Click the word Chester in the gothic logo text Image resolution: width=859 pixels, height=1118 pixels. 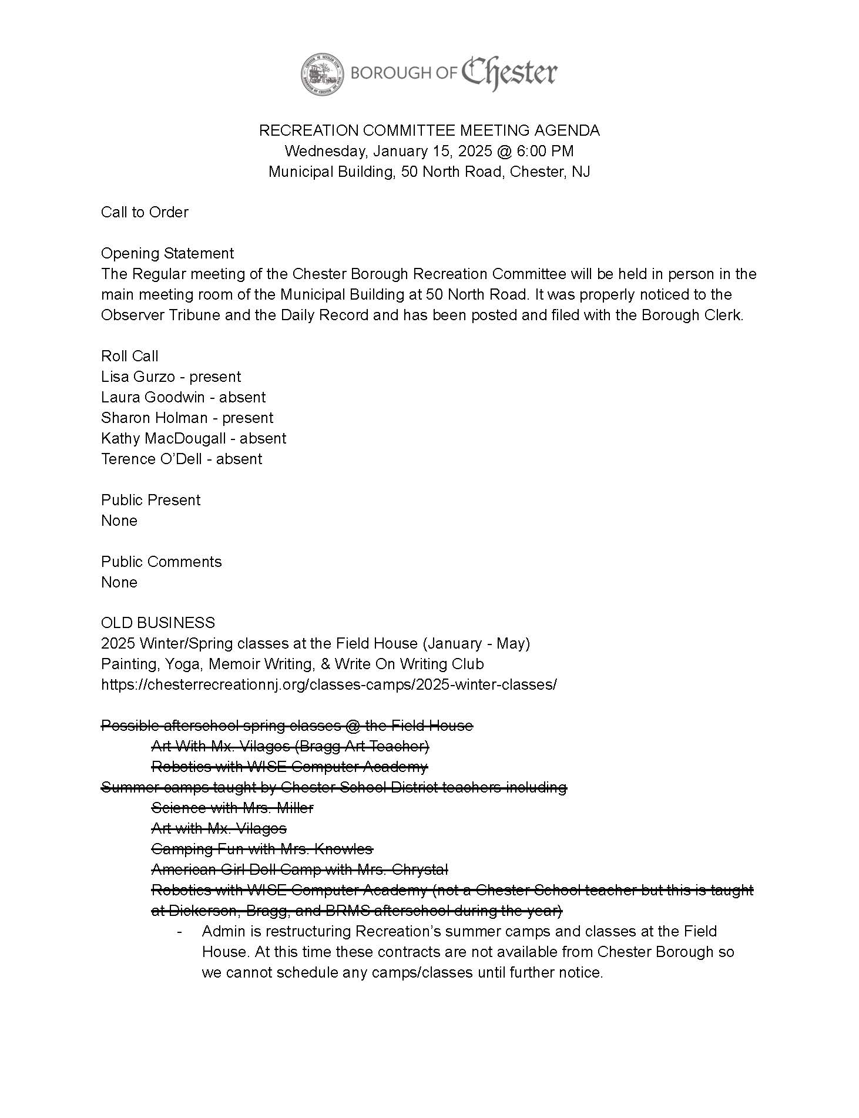509,73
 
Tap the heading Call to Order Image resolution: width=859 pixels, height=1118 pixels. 145,212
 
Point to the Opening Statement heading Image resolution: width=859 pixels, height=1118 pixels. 167,253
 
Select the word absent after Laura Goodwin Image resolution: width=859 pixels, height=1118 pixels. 242,397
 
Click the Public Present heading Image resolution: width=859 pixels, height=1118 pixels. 150,500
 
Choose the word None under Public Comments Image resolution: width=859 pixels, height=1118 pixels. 119,582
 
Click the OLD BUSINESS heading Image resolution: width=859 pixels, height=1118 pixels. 158,623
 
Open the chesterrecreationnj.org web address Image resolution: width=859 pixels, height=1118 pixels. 328,684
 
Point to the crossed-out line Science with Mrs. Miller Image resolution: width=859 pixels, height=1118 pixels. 232,808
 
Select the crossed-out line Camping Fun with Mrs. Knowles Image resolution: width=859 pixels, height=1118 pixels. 262,849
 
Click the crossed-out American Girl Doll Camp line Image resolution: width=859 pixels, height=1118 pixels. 300,869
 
